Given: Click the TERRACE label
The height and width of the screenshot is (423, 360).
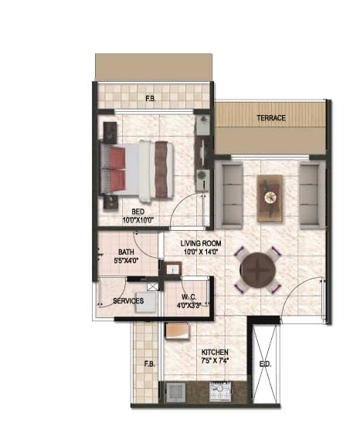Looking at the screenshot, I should (272, 118).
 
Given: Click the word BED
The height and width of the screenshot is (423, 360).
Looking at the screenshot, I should (139, 211).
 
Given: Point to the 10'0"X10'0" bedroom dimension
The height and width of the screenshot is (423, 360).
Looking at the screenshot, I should (139, 219).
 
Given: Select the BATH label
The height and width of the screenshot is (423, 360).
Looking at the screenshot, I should (127, 252).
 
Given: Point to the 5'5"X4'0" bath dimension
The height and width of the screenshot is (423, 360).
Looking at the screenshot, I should (127, 261).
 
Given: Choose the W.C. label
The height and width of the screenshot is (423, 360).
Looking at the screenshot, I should (191, 296).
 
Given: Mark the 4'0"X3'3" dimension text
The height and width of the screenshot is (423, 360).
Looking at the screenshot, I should (191, 305).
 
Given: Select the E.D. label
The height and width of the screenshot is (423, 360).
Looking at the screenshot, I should (266, 363).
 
